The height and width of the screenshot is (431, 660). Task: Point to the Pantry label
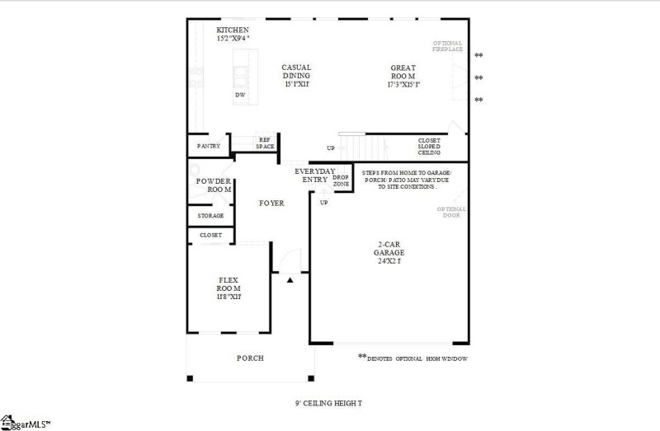[209, 146]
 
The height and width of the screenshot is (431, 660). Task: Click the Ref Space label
[265, 143]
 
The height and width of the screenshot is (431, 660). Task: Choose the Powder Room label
[213, 185]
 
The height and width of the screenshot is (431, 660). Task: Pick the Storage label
[210, 216]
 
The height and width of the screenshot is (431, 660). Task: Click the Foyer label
[271, 203]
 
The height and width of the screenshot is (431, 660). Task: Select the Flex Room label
[229, 288]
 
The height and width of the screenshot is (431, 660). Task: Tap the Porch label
[250, 358]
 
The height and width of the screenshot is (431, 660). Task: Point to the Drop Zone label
[341, 180]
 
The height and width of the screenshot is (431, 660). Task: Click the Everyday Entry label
[315, 175]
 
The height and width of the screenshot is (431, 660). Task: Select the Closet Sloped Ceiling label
[429, 147]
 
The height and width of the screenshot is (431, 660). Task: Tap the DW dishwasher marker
[240, 95]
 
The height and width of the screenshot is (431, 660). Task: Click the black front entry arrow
[290, 281]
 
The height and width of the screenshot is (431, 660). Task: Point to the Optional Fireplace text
[448, 46]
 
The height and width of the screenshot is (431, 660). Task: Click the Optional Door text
[451, 213]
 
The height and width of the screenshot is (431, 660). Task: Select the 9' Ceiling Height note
[329, 404]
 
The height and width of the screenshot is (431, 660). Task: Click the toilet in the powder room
[194, 191]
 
